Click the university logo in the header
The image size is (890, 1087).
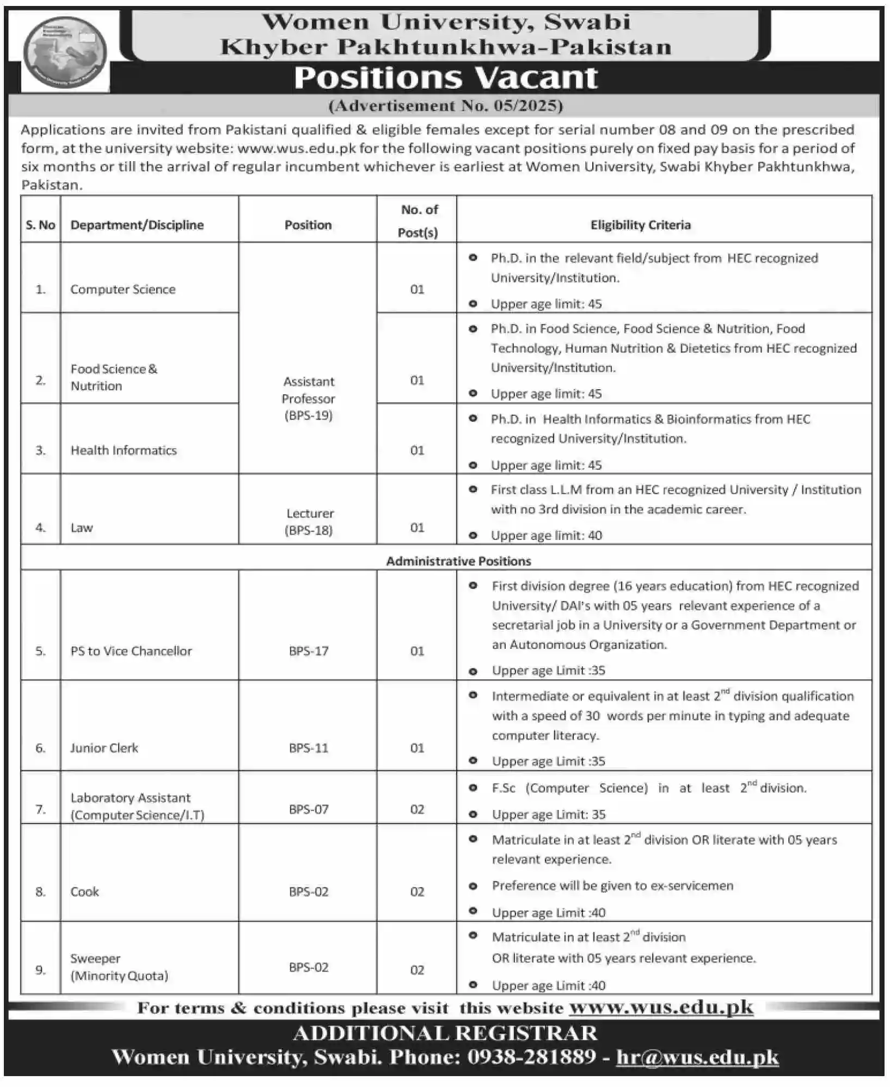65,53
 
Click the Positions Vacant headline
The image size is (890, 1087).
446,78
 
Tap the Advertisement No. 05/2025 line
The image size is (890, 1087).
445,106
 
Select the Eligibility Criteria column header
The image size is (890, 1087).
640,225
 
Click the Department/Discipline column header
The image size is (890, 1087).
137,225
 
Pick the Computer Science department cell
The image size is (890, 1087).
123,290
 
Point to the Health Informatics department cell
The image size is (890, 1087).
124,450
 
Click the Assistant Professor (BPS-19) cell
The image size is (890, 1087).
308,398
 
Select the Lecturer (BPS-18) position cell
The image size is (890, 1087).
309,521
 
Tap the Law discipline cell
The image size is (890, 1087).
82,527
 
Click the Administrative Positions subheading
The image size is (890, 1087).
458,561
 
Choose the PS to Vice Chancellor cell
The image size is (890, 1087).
131,651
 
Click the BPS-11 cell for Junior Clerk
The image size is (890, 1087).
309,748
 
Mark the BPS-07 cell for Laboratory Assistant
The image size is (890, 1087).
309,809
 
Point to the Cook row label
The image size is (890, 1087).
85,892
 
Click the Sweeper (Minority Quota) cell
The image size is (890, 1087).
119,967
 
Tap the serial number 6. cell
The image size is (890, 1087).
40,748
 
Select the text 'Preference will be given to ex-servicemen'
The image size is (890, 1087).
612,886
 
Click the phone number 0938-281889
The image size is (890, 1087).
531,1057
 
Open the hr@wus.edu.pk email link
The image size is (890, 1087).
697,1057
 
